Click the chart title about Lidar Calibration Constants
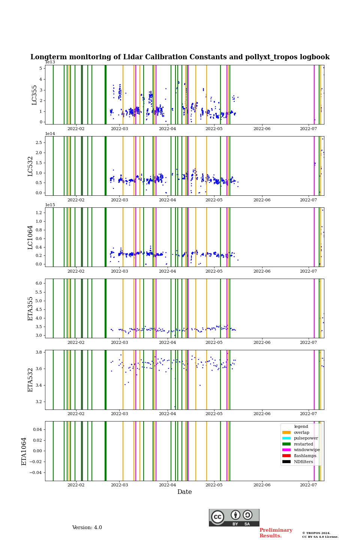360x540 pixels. coord(180,57)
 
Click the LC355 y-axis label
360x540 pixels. coord(34,95)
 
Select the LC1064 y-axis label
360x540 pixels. coord(30,237)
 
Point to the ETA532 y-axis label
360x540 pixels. coord(30,380)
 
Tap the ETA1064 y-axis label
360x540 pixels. coord(24,451)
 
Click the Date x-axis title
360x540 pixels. coord(184,492)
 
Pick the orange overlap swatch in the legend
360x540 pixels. coord(286,432)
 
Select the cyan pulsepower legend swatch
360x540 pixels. coord(286,438)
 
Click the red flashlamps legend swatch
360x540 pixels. coord(286,456)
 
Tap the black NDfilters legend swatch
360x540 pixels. coord(286,462)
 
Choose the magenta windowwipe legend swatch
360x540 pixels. coord(286,450)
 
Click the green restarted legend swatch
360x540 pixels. coord(286,444)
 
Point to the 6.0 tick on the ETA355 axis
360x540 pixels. coord(39,283)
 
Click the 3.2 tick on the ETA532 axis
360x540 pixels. coord(39,402)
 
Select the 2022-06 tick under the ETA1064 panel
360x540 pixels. coord(262,485)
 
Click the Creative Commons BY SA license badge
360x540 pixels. coord(234,517)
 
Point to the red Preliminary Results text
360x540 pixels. coord(276,533)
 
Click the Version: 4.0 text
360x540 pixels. coord(87,528)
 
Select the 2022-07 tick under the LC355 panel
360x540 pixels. coord(308,129)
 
